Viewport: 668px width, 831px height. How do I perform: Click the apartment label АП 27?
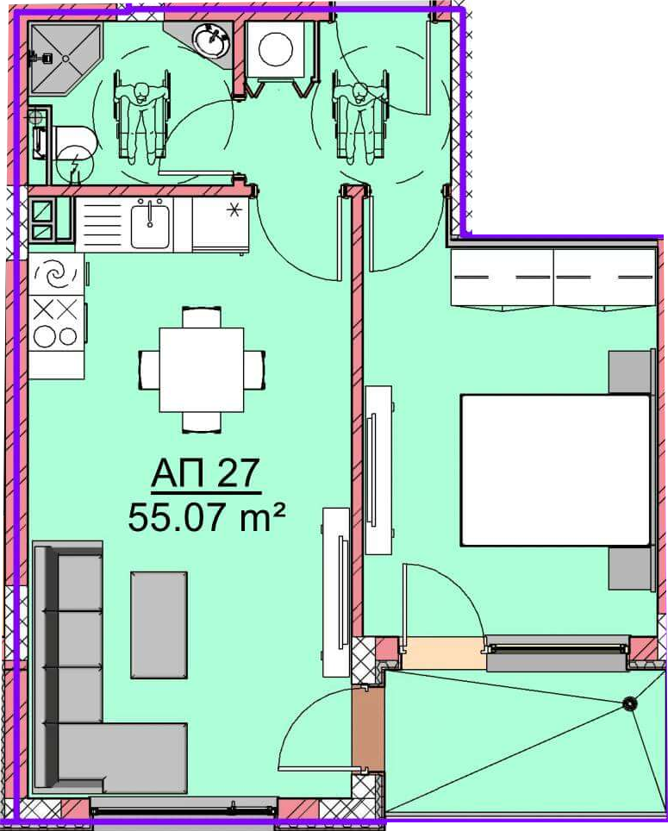tap(205, 473)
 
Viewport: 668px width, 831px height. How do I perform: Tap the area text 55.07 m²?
tap(207, 517)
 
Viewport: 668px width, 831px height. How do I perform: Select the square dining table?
tap(202, 370)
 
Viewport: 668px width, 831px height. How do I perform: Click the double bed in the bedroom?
tap(555, 470)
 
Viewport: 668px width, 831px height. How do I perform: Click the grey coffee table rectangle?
tap(159, 624)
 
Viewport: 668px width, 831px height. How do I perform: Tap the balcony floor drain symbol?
tap(629, 703)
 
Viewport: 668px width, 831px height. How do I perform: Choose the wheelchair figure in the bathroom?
tap(141, 116)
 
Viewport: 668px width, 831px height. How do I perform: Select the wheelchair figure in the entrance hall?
tap(360, 116)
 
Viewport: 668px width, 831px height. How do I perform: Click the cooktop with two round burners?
tap(56, 322)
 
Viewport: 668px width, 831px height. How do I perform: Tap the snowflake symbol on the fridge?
tap(233, 210)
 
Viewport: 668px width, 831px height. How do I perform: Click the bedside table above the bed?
tap(629, 372)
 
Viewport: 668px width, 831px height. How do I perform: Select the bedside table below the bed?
tap(629, 568)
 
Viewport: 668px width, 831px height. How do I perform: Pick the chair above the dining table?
tap(202, 317)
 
